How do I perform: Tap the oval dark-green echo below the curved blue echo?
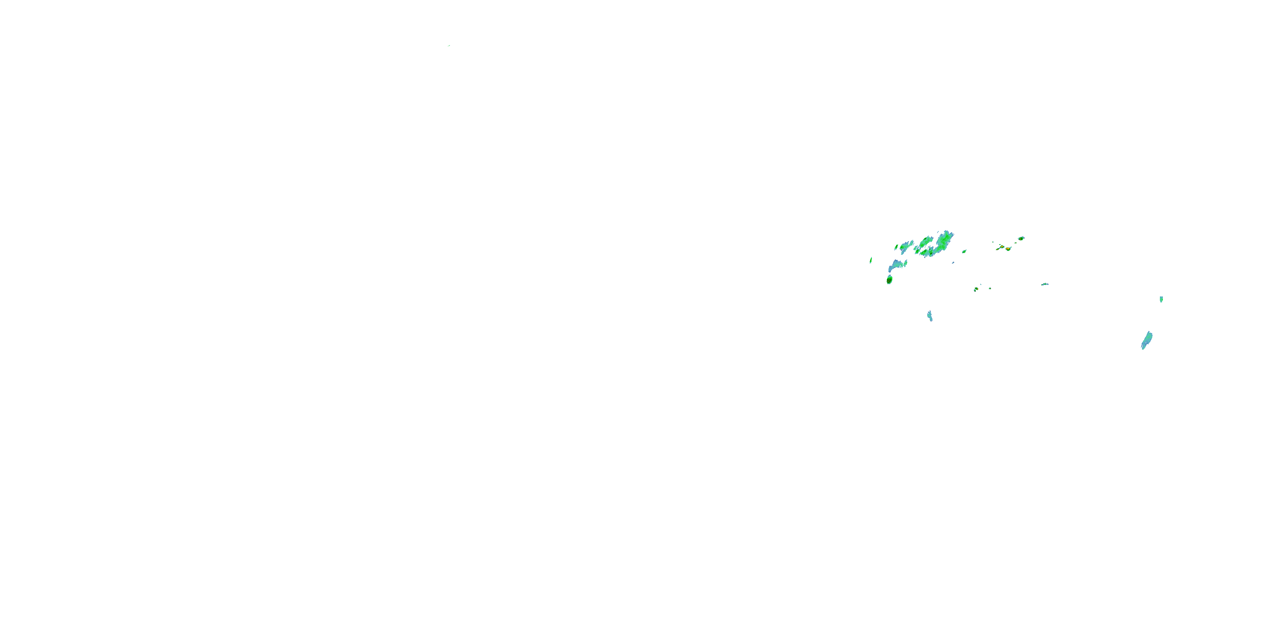pyautogui.click(x=889, y=280)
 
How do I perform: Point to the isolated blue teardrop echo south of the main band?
pyautogui.click(x=930, y=316)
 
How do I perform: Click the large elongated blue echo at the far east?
pyautogui.click(x=1147, y=340)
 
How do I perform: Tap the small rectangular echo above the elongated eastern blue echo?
pyautogui.click(x=1161, y=299)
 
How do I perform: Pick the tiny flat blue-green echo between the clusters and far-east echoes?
pyautogui.click(x=1045, y=284)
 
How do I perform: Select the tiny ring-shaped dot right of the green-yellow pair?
pyautogui.click(x=990, y=288)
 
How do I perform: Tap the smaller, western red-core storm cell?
pyautogui.click(x=1002, y=246)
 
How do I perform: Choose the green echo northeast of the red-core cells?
pyautogui.click(x=1021, y=238)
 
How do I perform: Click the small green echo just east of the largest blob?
pyautogui.click(x=964, y=252)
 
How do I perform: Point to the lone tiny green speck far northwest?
pyautogui.click(x=449, y=46)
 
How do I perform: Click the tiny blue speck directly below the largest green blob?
pyautogui.click(x=953, y=263)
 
